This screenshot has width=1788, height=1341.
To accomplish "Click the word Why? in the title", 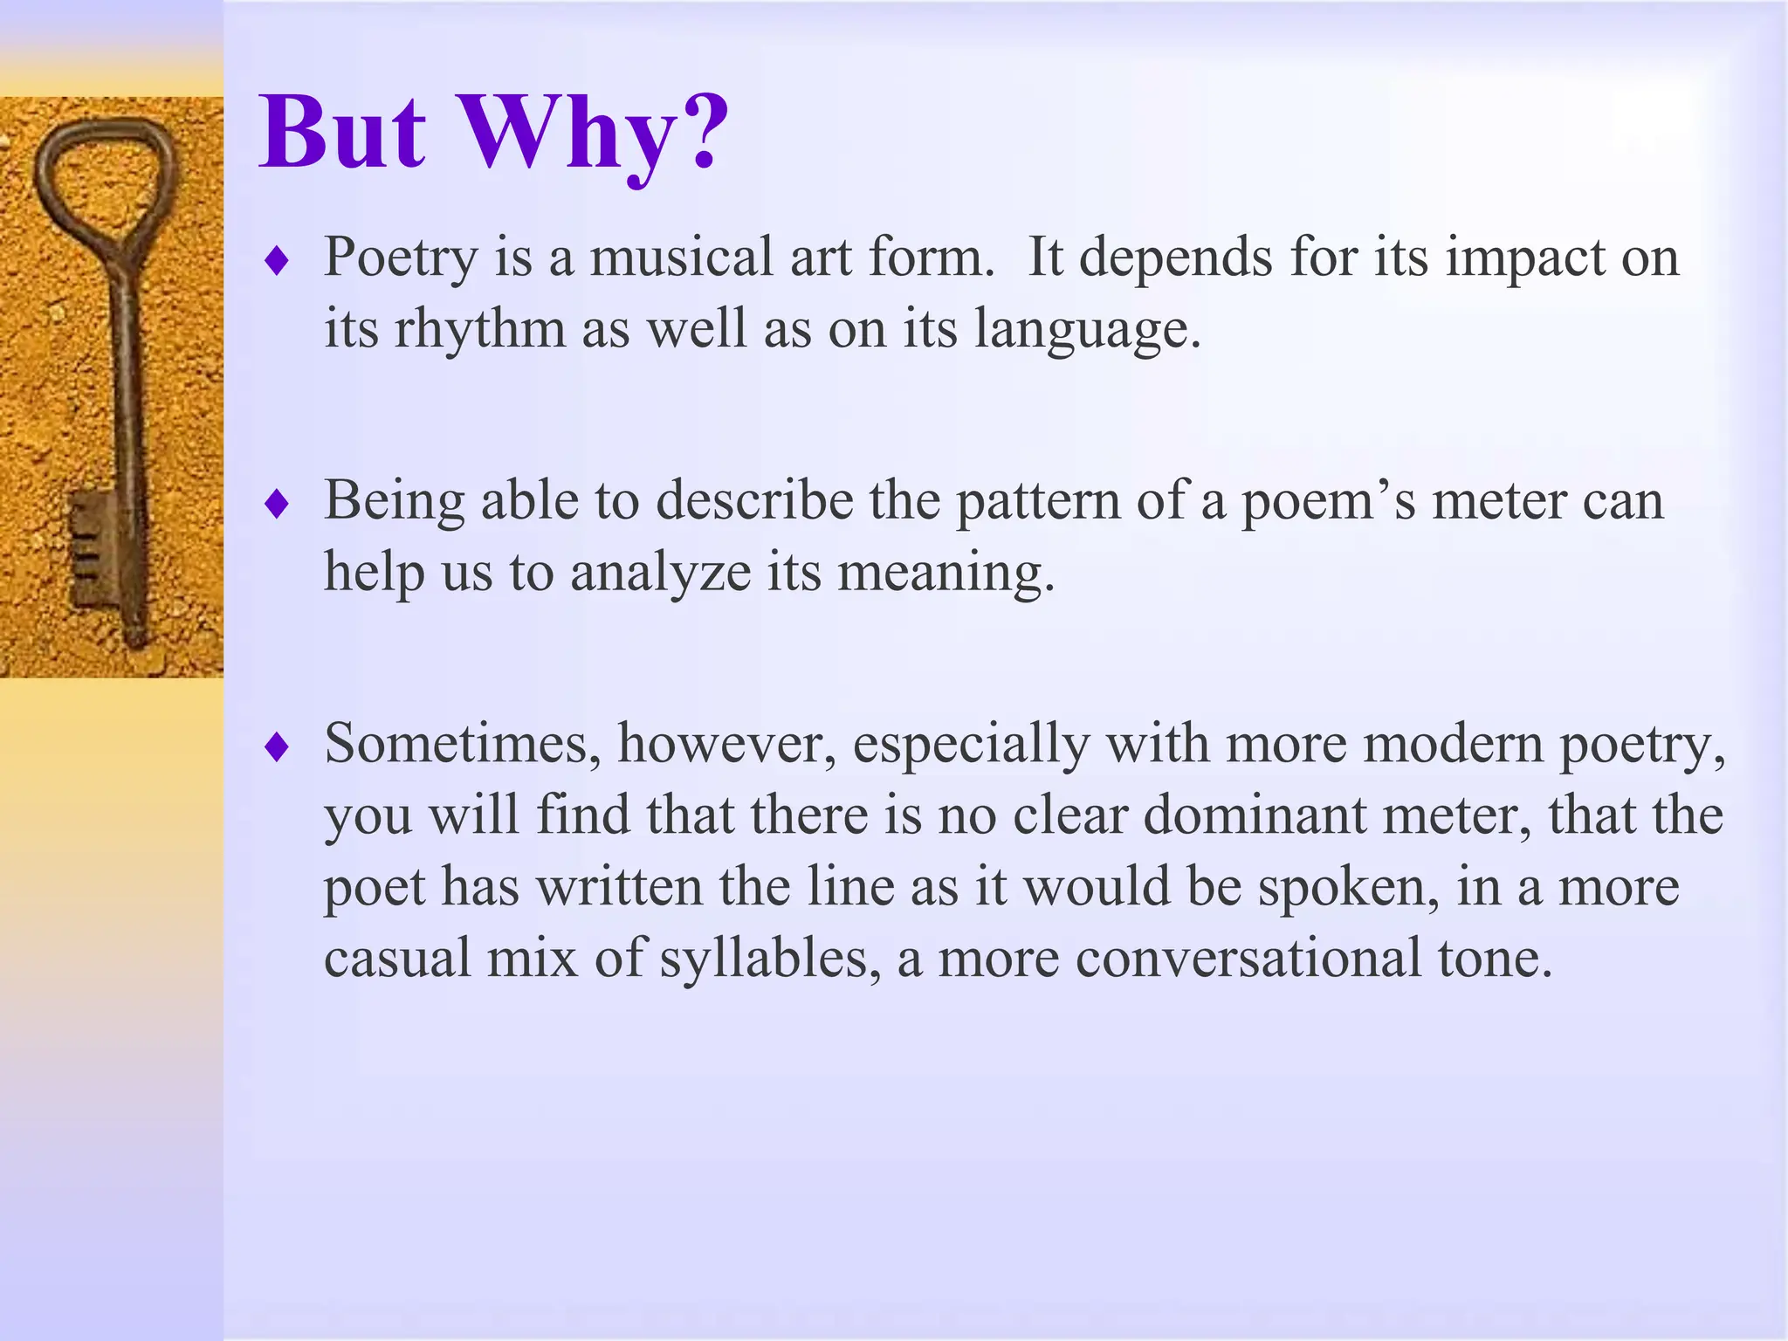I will pyautogui.click(x=594, y=135).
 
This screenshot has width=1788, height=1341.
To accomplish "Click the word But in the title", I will pyautogui.click(x=343, y=135).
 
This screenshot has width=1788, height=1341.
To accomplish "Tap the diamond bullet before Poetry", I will pyautogui.click(x=277, y=260).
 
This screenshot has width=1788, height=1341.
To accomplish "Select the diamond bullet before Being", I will pyautogui.click(x=277, y=504).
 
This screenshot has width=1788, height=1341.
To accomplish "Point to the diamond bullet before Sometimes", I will pyautogui.click(x=277, y=746).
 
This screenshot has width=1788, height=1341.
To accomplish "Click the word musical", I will pyautogui.click(x=681, y=258).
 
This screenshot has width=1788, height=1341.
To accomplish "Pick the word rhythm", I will pyautogui.click(x=480, y=330).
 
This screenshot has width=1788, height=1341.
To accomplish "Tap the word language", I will pyautogui.click(x=1087, y=330).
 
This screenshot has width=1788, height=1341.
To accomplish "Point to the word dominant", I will pyautogui.click(x=1255, y=815).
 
